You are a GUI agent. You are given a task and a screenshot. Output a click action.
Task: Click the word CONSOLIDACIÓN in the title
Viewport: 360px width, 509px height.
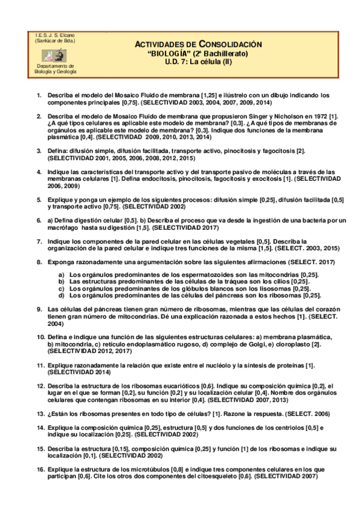pyautogui.click(x=230, y=44)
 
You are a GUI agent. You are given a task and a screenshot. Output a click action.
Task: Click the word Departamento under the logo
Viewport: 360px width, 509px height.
pyautogui.click(x=55, y=67)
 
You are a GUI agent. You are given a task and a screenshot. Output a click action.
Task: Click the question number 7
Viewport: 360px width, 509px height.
pyautogui.click(x=39, y=241)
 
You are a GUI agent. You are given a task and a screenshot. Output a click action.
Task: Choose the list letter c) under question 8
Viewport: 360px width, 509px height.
pyautogui.click(x=61, y=288)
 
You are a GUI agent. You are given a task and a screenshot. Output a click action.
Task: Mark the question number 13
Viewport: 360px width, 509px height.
pyautogui.click(x=40, y=414)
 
